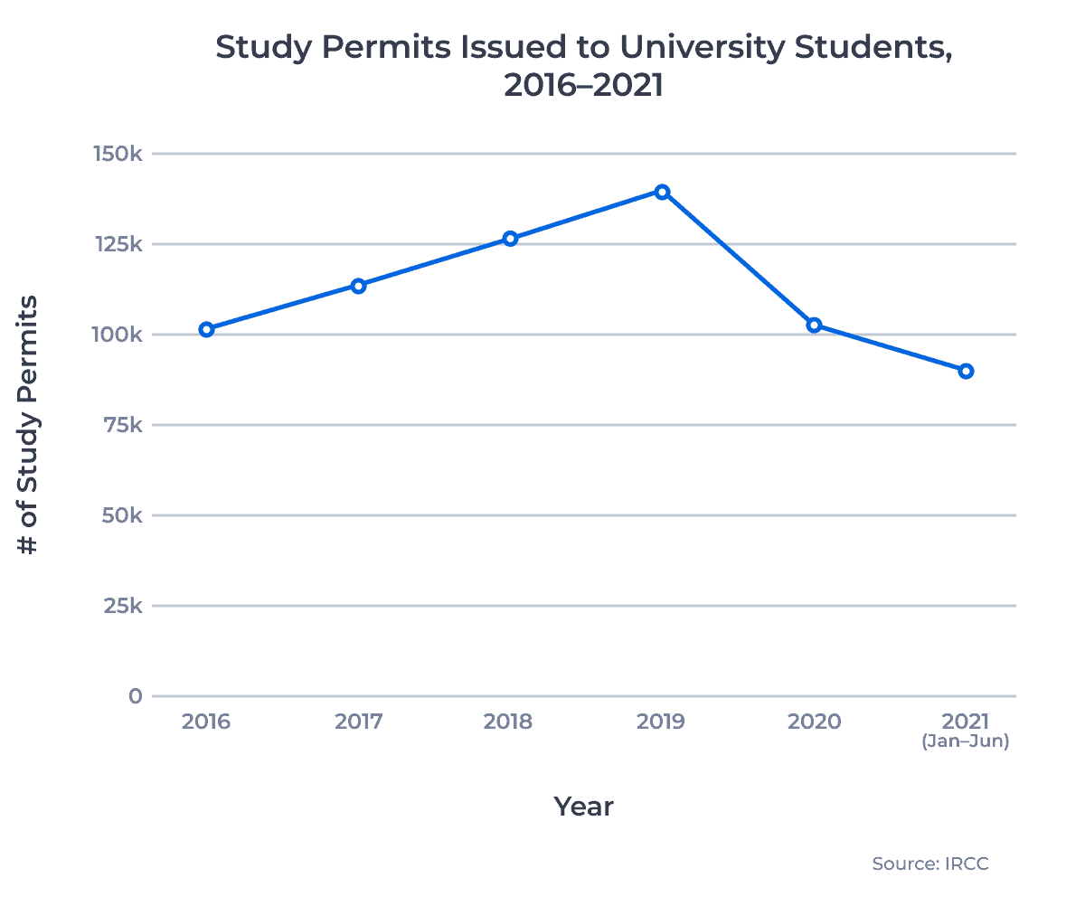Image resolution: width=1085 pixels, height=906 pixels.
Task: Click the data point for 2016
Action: [207, 329]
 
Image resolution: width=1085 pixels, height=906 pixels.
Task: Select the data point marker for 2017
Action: [359, 286]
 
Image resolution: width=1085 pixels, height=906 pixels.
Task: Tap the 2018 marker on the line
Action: [510, 239]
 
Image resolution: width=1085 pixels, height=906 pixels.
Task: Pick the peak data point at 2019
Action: [662, 192]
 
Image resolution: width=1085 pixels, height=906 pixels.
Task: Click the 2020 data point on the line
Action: [814, 325]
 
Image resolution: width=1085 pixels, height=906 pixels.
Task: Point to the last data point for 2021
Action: [966, 371]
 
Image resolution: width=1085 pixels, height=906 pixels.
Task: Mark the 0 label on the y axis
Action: [136, 696]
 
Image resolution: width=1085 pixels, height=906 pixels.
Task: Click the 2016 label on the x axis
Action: [206, 722]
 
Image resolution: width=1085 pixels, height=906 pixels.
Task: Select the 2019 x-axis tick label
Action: [662, 722]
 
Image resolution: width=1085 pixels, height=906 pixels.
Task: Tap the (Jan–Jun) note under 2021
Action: [966, 742]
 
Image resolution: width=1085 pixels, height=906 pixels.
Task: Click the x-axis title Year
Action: [583, 807]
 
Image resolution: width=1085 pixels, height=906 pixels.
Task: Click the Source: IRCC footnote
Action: [930, 864]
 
